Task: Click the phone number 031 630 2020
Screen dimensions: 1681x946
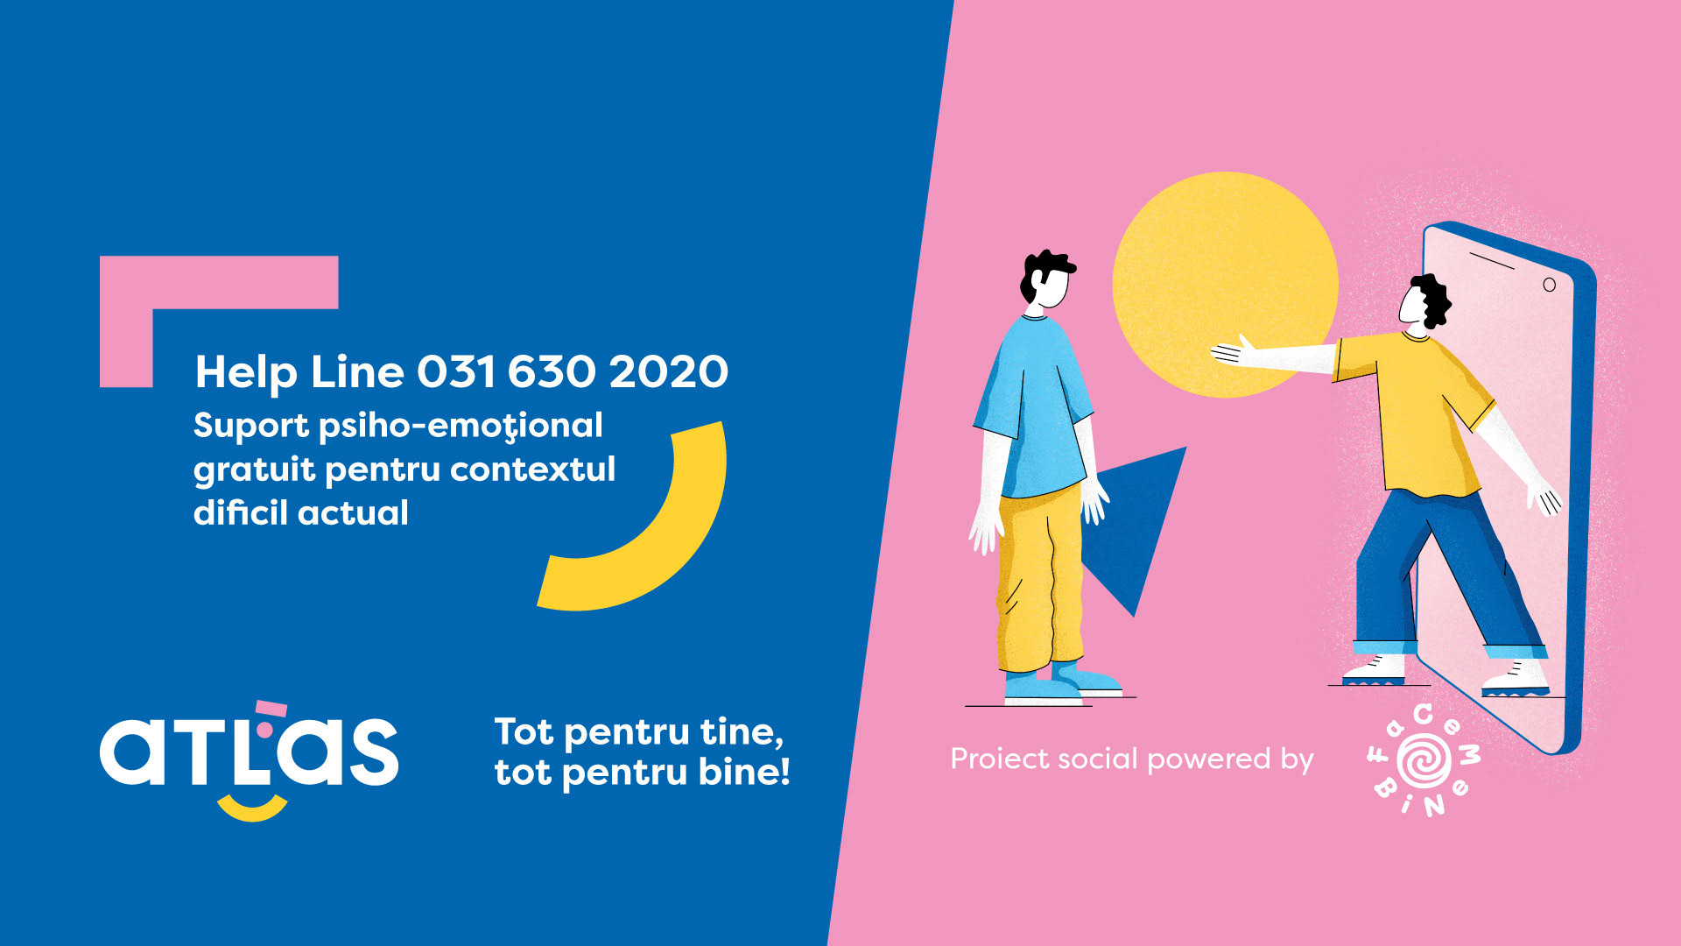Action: (573, 371)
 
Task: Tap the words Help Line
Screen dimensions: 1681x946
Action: (299, 372)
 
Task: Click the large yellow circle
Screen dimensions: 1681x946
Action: (1225, 284)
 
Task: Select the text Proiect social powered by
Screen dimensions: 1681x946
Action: (1132, 759)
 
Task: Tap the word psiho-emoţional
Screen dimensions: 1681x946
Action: (461, 427)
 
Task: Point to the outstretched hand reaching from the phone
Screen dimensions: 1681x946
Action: (1234, 351)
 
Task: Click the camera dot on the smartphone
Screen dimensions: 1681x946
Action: (1549, 285)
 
